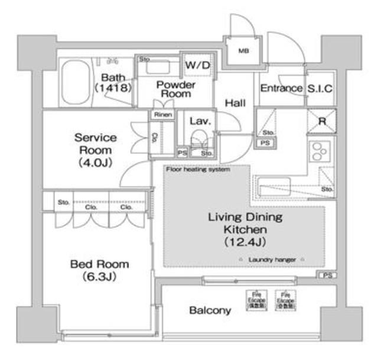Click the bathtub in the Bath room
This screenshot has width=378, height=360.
pos(76,81)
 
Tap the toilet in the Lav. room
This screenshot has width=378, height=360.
pos(198,142)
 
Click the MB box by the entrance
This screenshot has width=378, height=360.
pos(243,51)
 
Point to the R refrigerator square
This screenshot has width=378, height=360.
pos(322,121)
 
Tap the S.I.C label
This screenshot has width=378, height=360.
pos(320,89)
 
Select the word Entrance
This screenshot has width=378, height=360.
pos(281,89)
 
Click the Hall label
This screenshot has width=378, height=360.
pos(234,103)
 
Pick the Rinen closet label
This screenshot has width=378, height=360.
pos(163,115)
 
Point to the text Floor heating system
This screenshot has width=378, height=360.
pos(198,170)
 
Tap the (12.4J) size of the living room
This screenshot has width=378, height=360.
pos(244,242)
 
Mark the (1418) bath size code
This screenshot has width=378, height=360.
pos(113,88)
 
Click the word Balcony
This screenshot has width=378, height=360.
pos(210,310)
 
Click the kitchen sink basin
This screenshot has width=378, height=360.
pos(271,181)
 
